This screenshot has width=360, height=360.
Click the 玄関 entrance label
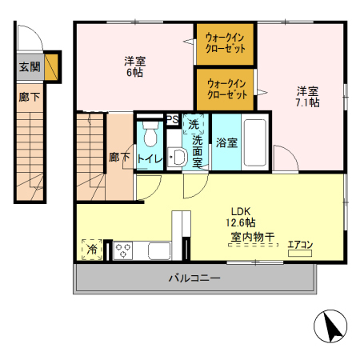28,67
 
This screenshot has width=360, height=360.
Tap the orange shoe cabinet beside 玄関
52,67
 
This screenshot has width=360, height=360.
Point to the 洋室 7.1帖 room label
308,97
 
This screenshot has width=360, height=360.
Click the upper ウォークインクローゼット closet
226,42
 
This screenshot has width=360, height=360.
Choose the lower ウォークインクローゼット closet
226,87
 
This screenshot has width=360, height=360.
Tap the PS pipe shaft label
172,119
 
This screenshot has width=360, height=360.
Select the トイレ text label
150,158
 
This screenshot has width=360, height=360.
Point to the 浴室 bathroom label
226,143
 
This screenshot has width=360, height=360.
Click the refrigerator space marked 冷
92,250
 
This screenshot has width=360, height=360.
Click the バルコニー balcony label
194,278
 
